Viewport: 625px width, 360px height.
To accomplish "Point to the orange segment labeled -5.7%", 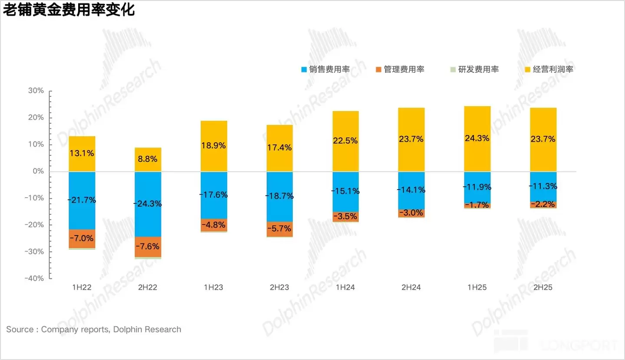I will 280,229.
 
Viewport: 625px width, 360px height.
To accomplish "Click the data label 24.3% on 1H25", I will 477,138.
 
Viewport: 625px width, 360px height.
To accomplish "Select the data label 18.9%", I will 214,146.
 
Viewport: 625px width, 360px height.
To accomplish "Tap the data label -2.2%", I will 543,204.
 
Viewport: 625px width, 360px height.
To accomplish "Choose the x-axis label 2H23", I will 280,288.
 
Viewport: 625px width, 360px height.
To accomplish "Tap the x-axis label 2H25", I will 543,288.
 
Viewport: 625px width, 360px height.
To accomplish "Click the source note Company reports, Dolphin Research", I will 94,330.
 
